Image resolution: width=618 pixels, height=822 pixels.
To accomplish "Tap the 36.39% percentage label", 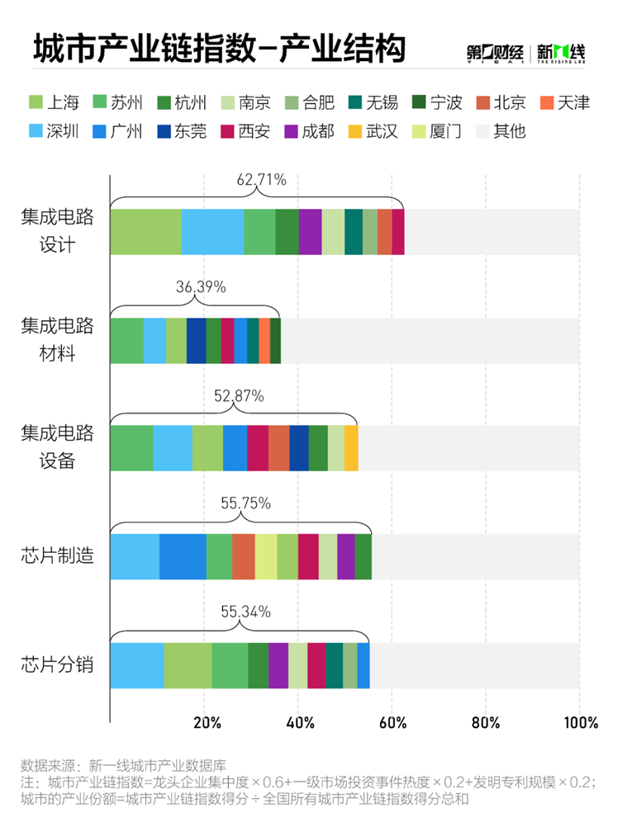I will pos(200,287).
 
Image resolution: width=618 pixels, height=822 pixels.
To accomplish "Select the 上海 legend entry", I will pos(55,103).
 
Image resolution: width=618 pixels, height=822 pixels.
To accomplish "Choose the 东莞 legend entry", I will pos(186,131).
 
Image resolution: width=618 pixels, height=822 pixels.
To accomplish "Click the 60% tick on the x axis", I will pos(393,723).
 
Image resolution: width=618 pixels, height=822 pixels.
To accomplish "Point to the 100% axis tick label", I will pos(578,723).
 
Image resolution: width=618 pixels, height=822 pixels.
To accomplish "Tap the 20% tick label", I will pos(206,723).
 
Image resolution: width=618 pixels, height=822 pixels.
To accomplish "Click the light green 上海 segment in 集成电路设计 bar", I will pos(145,232).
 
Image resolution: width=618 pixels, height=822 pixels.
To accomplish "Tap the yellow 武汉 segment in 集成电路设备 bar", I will pos(351,447).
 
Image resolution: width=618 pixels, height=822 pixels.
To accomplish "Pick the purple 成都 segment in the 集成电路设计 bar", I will pos(310,232).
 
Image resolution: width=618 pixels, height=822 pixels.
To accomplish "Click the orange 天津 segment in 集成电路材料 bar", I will pos(264,340).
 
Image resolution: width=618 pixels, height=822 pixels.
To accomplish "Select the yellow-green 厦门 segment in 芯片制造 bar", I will pos(266,556).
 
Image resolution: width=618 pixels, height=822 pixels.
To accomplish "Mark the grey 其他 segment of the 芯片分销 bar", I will pos(474,665).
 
